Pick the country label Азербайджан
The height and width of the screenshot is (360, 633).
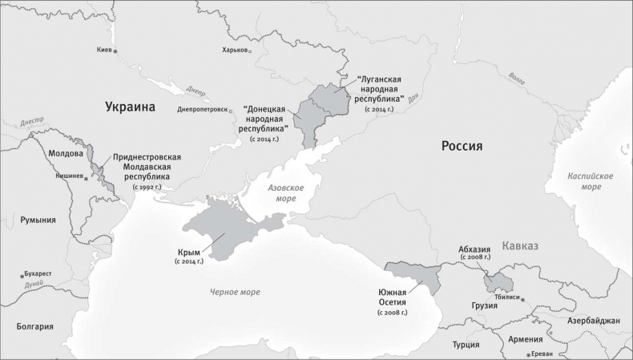click(x=593, y=321)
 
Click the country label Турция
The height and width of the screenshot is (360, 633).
click(x=466, y=345)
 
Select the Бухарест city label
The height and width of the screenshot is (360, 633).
click(x=38, y=273)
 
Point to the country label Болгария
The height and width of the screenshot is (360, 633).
click(x=34, y=326)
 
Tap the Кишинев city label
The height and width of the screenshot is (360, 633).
click(x=68, y=176)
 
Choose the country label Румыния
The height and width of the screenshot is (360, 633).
click(x=38, y=220)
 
